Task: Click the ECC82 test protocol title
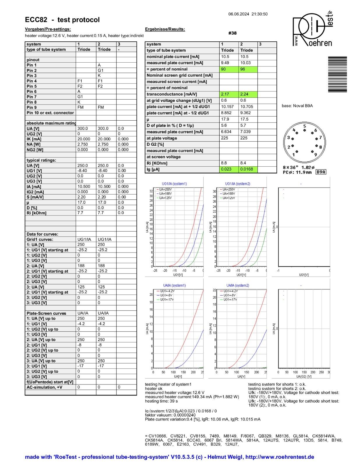(x=62, y=20)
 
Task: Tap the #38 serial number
(x=232, y=33)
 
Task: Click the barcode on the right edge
(x=337, y=74)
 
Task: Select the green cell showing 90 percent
(x=229, y=69)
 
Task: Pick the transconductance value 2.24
(x=248, y=94)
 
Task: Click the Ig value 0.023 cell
(x=229, y=169)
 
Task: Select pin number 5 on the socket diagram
(x=304, y=126)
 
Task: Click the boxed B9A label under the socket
(x=321, y=172)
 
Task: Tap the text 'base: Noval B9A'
(x=297, y=106)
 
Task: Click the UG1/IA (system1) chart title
(x=174, y=184)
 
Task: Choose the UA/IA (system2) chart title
(x=238, y=285)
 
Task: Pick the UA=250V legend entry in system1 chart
(x=165, y=189)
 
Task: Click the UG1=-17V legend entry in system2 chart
(x=230, y=299)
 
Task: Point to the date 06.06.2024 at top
(x=239, y=14)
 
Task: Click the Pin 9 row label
(x=32, y=107)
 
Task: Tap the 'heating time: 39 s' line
(x=161, y=401)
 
